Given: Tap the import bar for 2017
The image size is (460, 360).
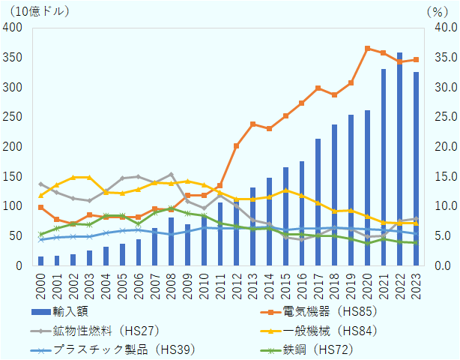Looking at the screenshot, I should point(318,202).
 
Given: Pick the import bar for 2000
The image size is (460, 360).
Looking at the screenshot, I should point(40,261).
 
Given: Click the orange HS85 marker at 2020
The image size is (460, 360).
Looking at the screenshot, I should point(367,49).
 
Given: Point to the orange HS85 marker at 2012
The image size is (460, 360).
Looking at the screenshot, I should point(236,145).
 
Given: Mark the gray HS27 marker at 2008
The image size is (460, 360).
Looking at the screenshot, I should point(171,175).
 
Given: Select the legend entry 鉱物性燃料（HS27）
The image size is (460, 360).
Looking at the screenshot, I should point(105,329).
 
